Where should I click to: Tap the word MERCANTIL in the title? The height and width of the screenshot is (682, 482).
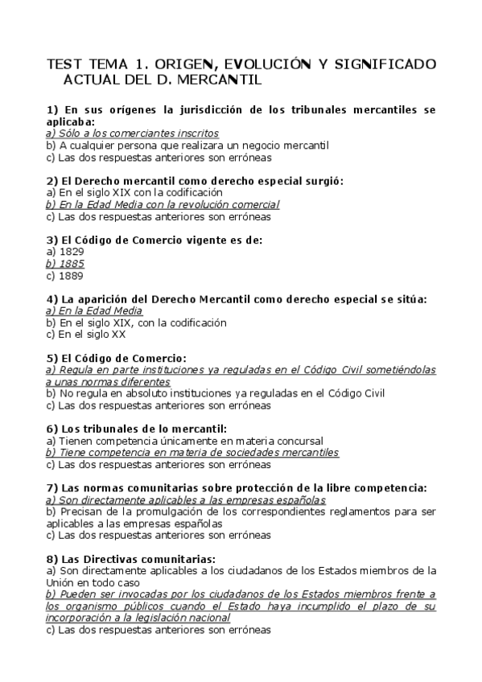click(223, 80)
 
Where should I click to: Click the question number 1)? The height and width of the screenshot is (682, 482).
click(52, 109)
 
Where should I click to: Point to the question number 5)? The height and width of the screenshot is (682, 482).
click(52, 358)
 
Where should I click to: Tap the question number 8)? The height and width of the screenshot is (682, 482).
click(52, 559)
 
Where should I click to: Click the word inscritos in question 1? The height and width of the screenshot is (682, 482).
click(197, 134)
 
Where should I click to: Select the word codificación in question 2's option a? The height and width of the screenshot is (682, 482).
click(193, 193)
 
